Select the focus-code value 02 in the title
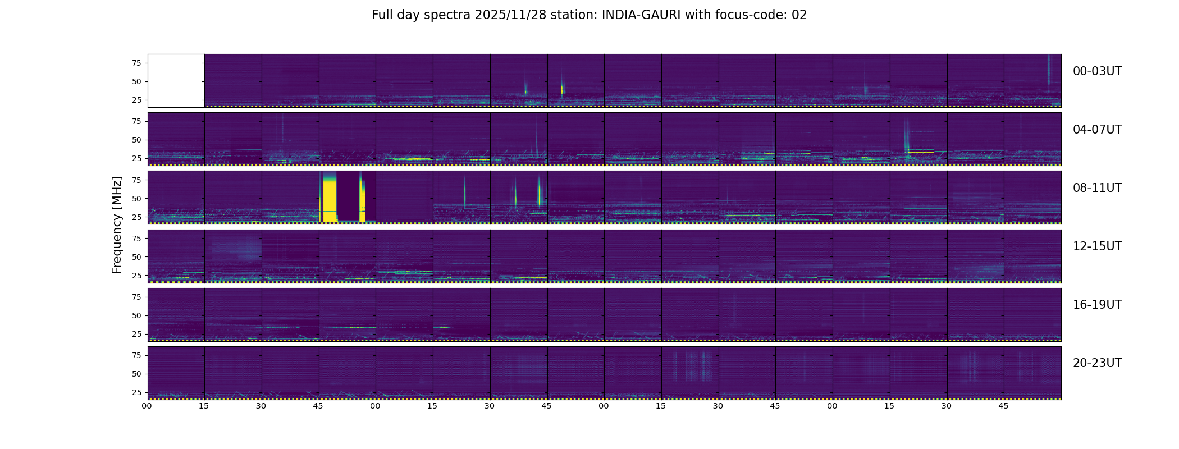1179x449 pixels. (799, 15)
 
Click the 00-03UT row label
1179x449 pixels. (1097, 71)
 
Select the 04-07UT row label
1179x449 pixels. (1097, 130)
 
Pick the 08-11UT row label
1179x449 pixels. (1097, 188)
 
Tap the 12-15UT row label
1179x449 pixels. (1097, 246)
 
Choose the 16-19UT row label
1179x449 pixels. (1097, 305)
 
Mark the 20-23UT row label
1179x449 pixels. (1097, 363)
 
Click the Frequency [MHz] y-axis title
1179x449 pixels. (117, 225)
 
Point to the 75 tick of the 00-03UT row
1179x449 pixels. (136, 63)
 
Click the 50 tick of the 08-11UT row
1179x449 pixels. (136, 199)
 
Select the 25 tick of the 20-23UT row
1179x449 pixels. (136, 392)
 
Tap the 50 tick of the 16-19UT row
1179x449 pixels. (136, 315)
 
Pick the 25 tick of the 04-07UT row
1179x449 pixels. (136, 158)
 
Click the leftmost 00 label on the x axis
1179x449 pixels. (147, 406)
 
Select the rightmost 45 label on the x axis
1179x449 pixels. (1003, 406)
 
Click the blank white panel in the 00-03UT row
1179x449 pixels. (176, 81)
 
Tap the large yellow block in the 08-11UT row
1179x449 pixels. (330, 197)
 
